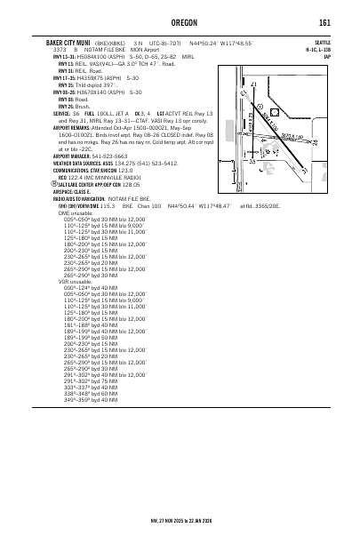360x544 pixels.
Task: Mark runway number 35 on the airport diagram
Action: (x=252, y=160)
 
